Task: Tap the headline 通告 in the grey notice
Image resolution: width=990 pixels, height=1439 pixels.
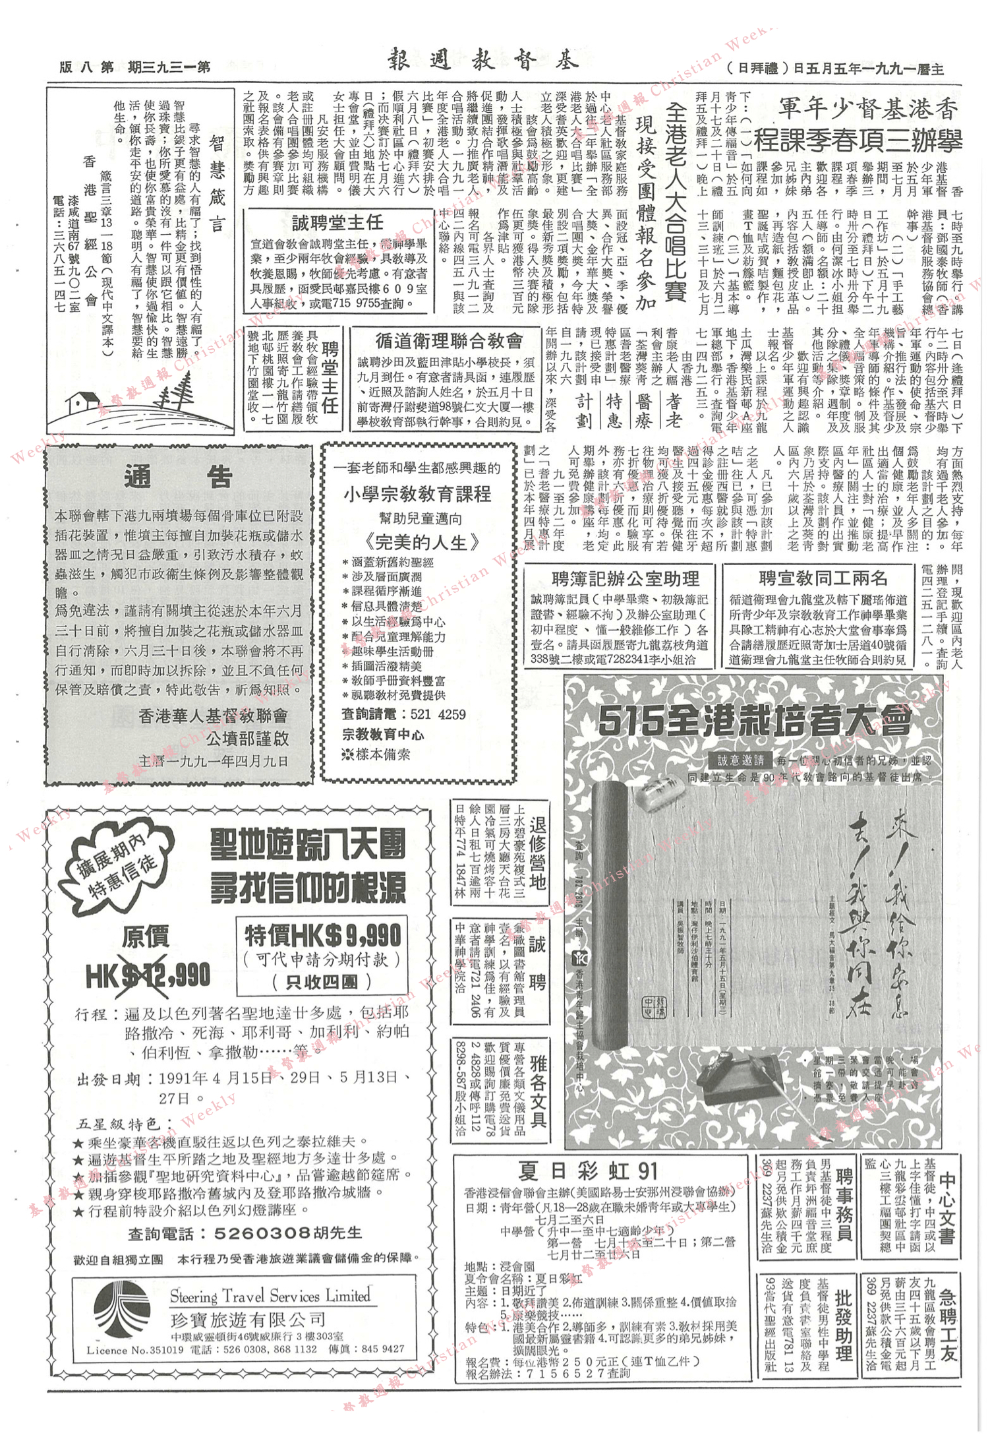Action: coord(178,476)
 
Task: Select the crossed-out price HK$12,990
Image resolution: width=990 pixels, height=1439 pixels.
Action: coord(148,975)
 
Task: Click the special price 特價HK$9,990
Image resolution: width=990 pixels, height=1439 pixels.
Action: coord(323,934)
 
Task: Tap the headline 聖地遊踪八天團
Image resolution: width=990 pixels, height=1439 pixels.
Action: coord(308,845)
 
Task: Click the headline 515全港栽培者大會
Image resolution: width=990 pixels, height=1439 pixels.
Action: coord(755,721)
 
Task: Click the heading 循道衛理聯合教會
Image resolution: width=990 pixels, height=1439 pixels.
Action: coord(448,340)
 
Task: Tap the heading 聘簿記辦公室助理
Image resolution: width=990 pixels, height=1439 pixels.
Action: coord(625,578)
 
